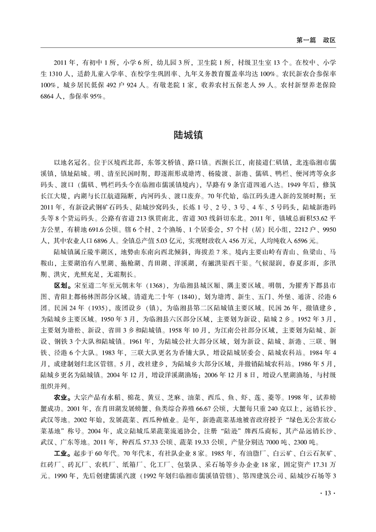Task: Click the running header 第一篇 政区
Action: (x=315, y=41)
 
